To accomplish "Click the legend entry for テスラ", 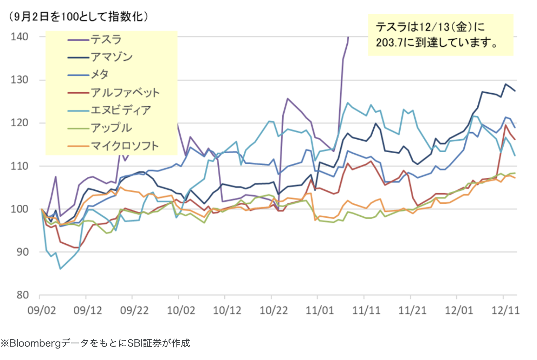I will point(106,39).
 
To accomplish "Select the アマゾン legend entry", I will point(111,57).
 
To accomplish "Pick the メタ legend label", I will point(100,74).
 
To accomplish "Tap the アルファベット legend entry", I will point(125,92).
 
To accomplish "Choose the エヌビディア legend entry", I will point(121,110).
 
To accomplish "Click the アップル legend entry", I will point(111,128).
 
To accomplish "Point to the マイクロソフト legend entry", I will point(125,146).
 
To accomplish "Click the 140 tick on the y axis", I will point(19,37).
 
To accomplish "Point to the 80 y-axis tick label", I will point(22,295).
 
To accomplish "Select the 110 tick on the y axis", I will point(19,166).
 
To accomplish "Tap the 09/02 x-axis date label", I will point(41,310).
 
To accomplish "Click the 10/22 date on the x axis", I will point(273,310).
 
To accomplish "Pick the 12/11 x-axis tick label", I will point(505,310).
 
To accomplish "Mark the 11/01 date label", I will point(320,310).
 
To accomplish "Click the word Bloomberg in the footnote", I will point(35,343).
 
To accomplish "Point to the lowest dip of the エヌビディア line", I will point(60,269).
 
